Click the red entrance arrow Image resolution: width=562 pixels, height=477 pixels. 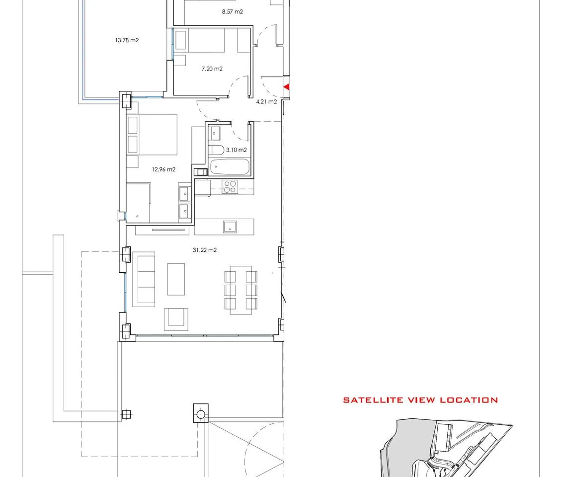(x=286, y=87)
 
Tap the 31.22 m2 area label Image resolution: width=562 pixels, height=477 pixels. (x=205, y=250)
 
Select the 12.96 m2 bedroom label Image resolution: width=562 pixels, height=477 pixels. (x=163, y=169)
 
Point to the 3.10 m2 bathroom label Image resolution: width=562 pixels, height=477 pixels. (x=236, y=150)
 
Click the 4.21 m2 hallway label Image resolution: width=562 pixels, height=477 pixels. (x=266, y=102)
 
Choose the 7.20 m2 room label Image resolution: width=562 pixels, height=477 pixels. (x=212, y=69)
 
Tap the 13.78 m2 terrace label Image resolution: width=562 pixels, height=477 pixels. (x=127, y=40)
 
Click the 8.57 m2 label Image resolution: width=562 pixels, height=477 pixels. (x=232, y=12)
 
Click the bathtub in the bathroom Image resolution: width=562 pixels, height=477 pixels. (x=230, y=166)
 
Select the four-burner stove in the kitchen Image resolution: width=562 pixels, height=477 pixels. (x=230, y=186)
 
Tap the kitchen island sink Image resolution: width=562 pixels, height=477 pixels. (x=230, y=227)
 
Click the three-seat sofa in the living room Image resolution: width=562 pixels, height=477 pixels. (x=144, y=279)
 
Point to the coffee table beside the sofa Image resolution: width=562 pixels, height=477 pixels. (x=176, y=279)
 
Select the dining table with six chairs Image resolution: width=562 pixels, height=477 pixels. (x=241, y=290)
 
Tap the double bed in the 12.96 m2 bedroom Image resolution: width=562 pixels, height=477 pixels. (x=153, y=135)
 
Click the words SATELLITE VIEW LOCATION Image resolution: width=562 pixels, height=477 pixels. (x=420, y=400)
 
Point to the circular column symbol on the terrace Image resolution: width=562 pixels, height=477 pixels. (x=201, y=415)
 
